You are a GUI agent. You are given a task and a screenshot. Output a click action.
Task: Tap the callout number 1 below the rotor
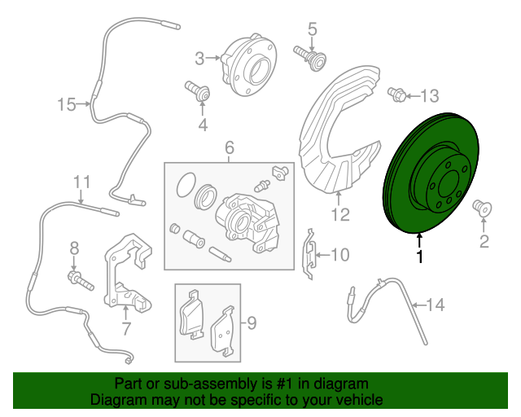pyautogui.click(x=420, y=257)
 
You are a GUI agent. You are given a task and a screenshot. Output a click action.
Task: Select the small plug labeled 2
pyautogui.click(x=482, y=208)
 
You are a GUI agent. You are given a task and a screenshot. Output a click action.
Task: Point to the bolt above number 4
pyautogui.click(x=197, y=91)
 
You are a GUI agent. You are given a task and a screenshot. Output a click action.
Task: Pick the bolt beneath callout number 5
pyautogui.click(x=309, y=58)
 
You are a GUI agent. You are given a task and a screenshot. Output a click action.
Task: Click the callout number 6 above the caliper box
pyautogui.click(x=230, y=147)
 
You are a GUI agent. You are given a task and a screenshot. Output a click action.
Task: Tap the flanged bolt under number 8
pyautogui.click(x=81, y=281)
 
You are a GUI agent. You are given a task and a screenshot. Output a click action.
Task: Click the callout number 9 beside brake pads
pyautogui.click(x=252, y=323)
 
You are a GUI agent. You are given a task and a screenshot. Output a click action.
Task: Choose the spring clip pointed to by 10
pyautogui.click(x=309, y=254)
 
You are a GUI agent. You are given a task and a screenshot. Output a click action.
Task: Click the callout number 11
pyautogui.click(x=81, y=182)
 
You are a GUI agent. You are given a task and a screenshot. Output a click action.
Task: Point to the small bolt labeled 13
pyautogui.click(x=396, y=94)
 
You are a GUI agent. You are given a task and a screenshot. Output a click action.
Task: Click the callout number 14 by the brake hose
pyautogui.click(x=436, y=305)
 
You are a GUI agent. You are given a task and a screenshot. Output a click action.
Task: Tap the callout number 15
pyautogui.click(x=67, y=104)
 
